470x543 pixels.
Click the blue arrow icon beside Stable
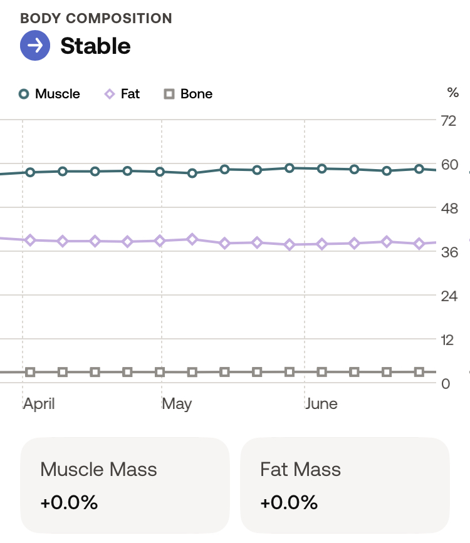coord(35,46)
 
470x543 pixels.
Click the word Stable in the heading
coord(95,46)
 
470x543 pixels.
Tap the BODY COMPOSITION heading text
coord(96,18)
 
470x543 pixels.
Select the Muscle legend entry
coord(50,94)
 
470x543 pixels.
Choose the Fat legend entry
coord(122,94)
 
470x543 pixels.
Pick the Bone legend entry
coord(189,94)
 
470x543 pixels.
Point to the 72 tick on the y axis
coord(449,120)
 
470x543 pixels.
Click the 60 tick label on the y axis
coord(449,165)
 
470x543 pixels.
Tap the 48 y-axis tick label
coord(449,208)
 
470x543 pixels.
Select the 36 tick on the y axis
coord(449,252)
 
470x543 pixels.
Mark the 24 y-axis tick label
coord(449,296)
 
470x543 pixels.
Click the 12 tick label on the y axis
coord(447,340)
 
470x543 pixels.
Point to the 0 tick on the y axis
coord(446,383)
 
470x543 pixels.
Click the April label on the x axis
coord(39,404)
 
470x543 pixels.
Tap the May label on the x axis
coord(177,404)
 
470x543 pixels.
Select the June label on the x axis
coord(321,404)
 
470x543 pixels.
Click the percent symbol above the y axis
coord(452,93)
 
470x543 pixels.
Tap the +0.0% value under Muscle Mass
coord(69,502)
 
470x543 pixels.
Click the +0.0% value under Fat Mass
coord(289,502)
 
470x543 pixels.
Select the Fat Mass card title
coord(301,469)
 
